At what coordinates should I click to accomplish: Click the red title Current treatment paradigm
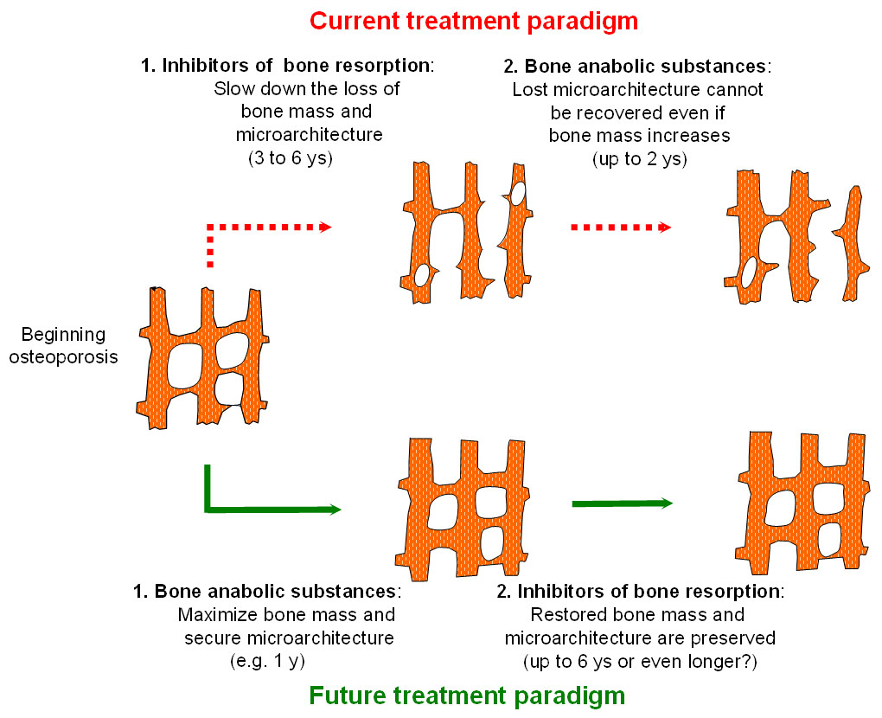[474, 21]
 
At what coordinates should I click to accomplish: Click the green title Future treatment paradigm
[467, 695]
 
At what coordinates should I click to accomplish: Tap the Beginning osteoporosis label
[63, 345]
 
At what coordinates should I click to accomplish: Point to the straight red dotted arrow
[621, 228]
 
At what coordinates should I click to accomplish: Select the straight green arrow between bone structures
[622, 503]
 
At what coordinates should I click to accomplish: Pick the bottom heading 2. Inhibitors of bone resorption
[641, 593]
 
